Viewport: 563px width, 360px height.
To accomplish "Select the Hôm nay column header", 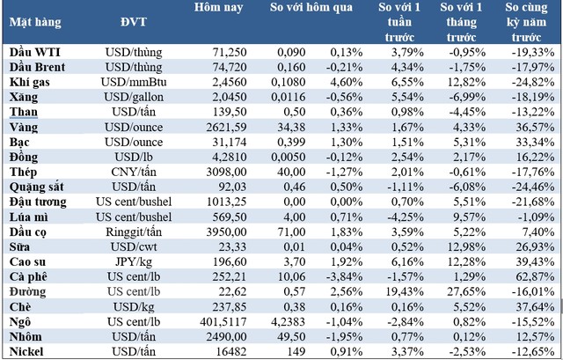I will [x=216, y=8].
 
